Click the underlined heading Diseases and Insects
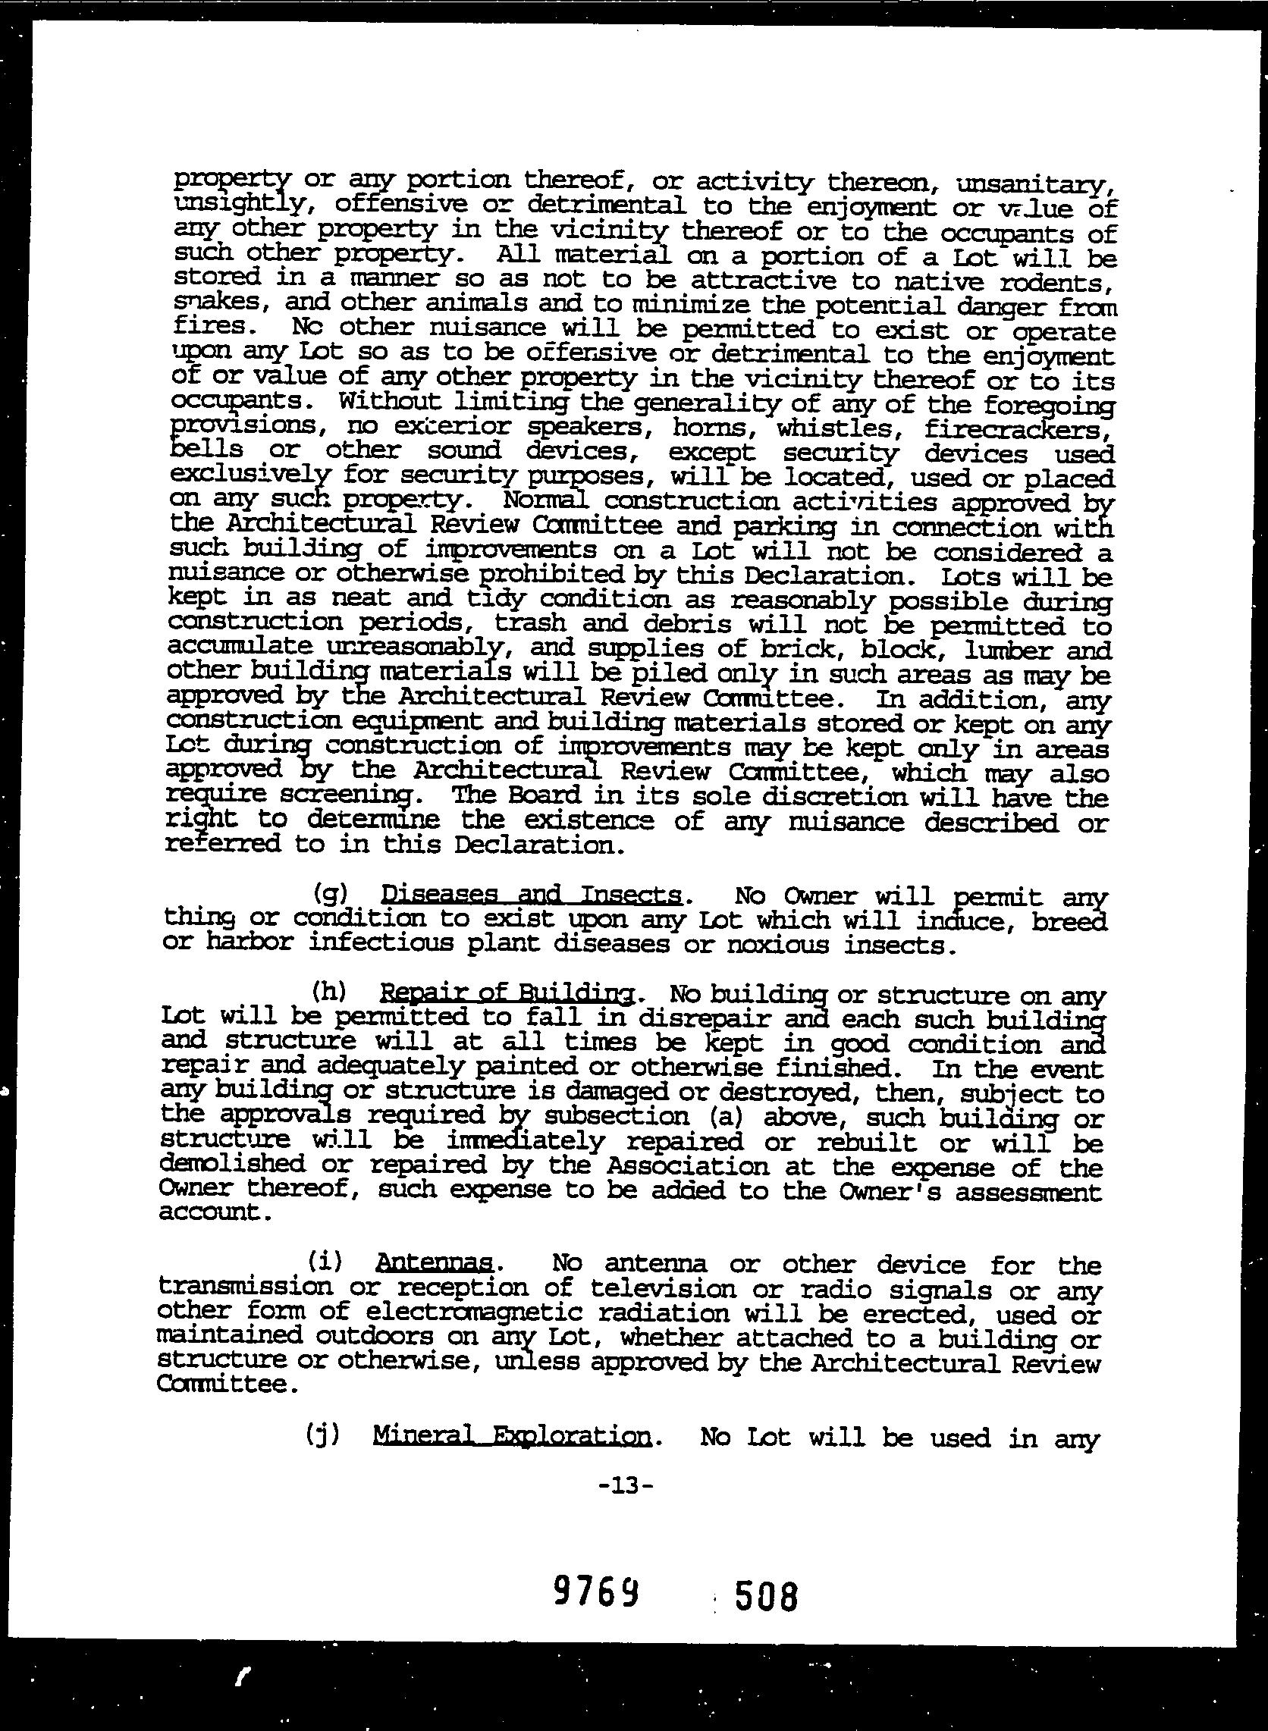coord(531,895)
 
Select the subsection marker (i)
coord(324,1262)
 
